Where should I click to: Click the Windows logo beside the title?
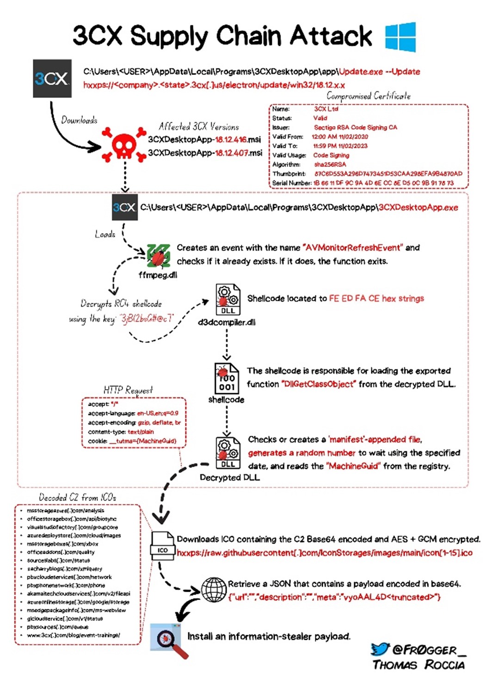coord(400,37)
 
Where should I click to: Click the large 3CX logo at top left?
coord(52,78)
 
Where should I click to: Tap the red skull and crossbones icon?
coord(124,145)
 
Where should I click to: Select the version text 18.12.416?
coord(231,139)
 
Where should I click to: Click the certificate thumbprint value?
coord(388,173)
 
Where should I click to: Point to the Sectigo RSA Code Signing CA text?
coord(355,127)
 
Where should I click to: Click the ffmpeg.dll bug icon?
coord(159,256)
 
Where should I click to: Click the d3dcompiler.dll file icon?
coord(227,300)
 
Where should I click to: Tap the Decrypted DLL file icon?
coord(228,453)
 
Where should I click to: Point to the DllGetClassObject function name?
coord(319,384)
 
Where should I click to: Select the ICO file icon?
coord(162,544)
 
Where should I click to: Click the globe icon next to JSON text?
coord(214,590)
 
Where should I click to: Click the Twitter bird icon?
coord(380,649)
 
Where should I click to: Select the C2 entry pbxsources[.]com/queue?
coord(57,627)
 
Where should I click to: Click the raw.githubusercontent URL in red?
coord(325,553)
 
